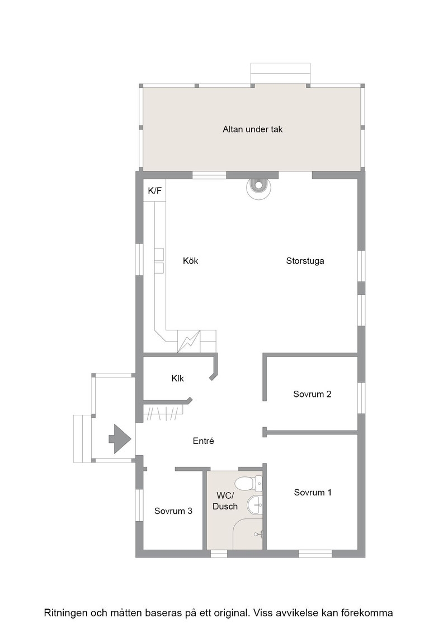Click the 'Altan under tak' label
click(252, 129)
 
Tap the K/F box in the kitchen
click(154, 190)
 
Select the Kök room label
click(191, 261)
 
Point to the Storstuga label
click(305, 261)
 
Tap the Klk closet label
click(178, 378)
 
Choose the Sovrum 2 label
click(312, 394)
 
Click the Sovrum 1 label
click(313, 492)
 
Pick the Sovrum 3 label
click(173, 511)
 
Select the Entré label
click(204, 441)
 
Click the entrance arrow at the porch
click(120, 439)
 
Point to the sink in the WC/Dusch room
click(255, 506)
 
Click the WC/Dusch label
click(225, 501)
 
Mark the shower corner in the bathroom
click(248, 534)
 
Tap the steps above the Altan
click(280, 73)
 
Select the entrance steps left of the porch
click(83, 439)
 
